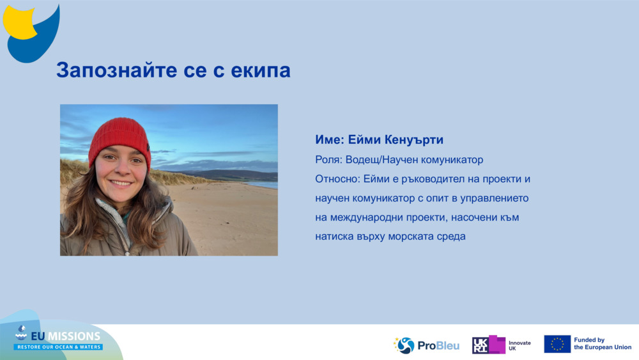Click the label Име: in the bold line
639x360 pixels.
click(x=330, y=140)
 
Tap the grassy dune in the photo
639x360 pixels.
click(x=73, y=171)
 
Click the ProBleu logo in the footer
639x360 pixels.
click(x=426, y=345)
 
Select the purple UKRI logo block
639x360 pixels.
click(x=488, y=345)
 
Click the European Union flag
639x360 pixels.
click(x=557, y=344)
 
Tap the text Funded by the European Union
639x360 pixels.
click(x=603, y=344)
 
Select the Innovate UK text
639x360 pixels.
click(x=520, y=345)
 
